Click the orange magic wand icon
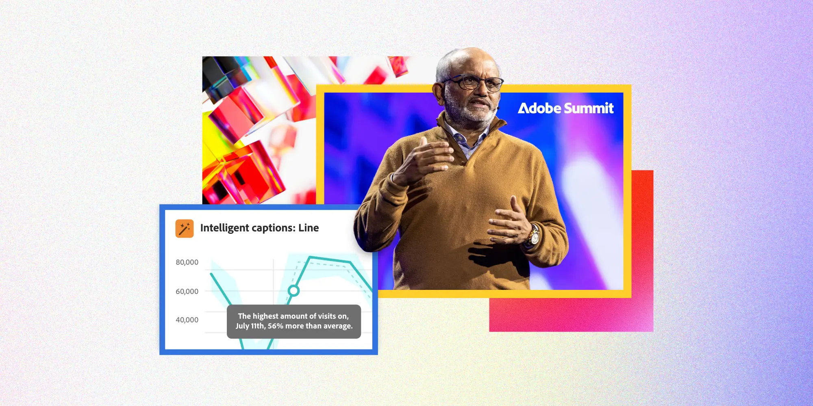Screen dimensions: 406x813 (x=184, y=228)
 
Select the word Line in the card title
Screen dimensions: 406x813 (x=309, y=228)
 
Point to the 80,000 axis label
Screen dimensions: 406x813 (x=187, y=262)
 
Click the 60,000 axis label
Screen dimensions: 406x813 (x=187, y=292)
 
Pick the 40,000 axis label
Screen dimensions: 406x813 (x=187, y=320)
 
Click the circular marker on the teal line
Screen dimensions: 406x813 (x=293, y=291)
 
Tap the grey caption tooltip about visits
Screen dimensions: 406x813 (x=293, y=321)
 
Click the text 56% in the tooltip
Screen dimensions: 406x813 (x=276, y=326)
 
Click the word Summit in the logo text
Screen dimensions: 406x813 (x=589, y=108)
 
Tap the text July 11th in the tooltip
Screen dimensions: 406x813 (x=250, y=326)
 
